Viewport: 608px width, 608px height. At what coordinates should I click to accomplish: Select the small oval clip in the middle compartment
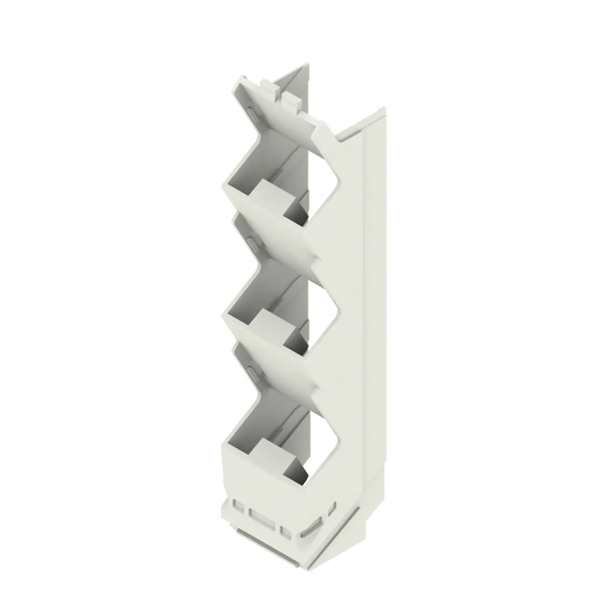click(252, 244)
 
